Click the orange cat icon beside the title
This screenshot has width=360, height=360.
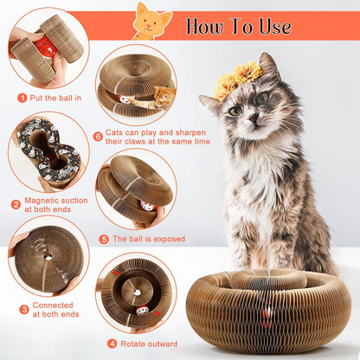(153, 20)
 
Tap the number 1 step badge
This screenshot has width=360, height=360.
(22, 97)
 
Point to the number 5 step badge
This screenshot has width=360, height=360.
(105, 239)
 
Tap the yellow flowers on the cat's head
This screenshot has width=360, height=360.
(238, 79)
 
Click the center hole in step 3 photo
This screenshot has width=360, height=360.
(47, 258)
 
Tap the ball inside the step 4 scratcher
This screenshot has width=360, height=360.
(140, 306)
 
